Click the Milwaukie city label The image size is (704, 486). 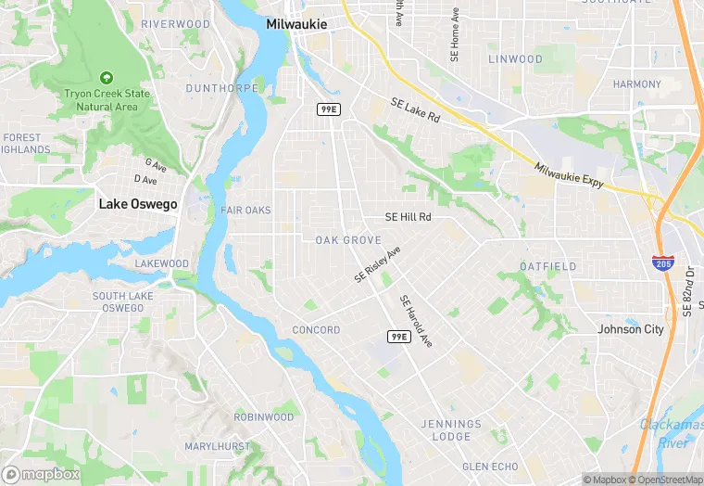pyautogui.click(x=298, y=25)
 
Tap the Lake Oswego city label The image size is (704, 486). pyautogui.click(x=138, y=204)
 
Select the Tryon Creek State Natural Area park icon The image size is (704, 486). pyautogui.click(x=107, y=77)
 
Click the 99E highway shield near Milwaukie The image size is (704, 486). pyautogui.click(x=328, y=109)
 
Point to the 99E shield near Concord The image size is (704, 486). pyautogui.click(x=398, y=336)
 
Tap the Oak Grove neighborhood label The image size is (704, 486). pyautogui.click(x=348, y=240)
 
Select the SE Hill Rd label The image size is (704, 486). pyautogui.click(x=409, y=217)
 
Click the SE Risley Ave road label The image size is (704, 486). pyautogui.click(x=377, y=265)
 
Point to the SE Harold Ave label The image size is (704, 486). pyautogui.click(x=416, y=322)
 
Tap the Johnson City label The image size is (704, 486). pyautogui.click(x=631, y=329)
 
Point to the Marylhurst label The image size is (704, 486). pyautogui.click(x=217, y=447)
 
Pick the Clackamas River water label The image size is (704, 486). pyautogui.click(x=671, y=433)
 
